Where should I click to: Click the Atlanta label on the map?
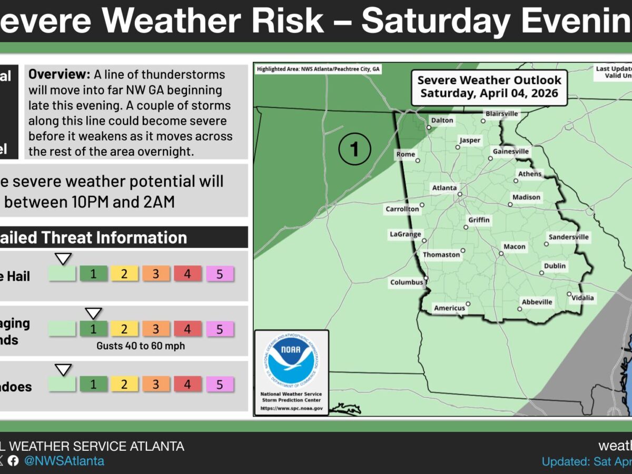445,187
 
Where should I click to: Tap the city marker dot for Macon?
501,253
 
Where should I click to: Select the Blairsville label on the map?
501,113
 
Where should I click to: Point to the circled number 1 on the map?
354,149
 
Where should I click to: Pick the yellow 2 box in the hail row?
124,274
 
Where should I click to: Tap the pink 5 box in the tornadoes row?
220,384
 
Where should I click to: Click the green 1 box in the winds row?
94,329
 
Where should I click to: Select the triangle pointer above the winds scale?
93,313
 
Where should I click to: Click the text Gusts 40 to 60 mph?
141,346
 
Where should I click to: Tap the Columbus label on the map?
406,282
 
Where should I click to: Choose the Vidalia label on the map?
583,298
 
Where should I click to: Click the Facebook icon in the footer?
13,461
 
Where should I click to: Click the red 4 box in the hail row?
187,274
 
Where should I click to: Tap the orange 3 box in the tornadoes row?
156,384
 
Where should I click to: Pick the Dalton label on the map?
442,120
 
